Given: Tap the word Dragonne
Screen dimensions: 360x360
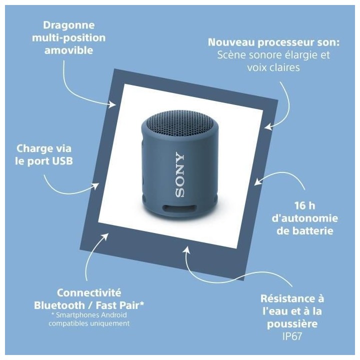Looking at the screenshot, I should coord(68,25).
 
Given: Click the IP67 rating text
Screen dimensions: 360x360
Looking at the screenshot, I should coord(292,336).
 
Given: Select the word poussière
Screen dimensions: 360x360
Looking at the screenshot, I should coord(292,324).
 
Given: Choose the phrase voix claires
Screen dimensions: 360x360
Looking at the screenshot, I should coord(273,67).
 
